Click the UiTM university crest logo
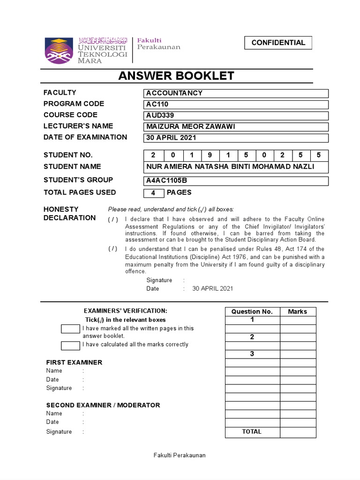(59, 50)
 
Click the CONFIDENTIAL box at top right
(278, 43)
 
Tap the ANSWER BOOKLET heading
(176, 76)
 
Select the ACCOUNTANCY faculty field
(236, 93)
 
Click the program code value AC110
(236, 105)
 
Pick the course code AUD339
(236, 116)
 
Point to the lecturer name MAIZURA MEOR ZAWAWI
(236, 127)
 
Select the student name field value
(236, 167)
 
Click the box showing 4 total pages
(153, 193)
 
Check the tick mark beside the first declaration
(113, 219)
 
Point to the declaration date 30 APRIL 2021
(212, 289)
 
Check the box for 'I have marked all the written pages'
(70, 329)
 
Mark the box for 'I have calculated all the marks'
(70, 346)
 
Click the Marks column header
(298, 312)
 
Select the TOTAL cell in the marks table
(252, 432)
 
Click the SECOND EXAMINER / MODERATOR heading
(103, 405)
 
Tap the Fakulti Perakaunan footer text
(180, 455)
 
